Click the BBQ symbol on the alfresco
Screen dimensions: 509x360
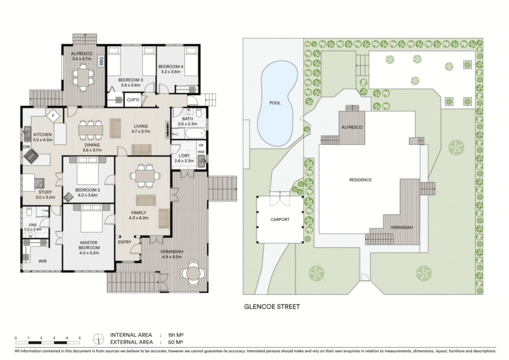pos(100,61)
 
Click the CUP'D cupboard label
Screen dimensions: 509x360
pos(133,100)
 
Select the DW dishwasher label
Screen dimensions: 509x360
pos(26,147)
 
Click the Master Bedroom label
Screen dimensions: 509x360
pos(88,245)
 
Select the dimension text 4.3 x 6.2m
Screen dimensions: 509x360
pos(139,218)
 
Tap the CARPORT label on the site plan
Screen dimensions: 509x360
pos(280,219)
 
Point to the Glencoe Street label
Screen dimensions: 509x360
pos(272,306)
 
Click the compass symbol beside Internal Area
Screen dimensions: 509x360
pos(98,339)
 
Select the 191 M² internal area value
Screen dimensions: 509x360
pos(176,335)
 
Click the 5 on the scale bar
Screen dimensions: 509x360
pos(80,338)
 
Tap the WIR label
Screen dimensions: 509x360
pos(43,261)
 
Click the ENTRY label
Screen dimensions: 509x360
pos(125,242)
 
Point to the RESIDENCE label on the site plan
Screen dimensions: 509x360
pos(360,180)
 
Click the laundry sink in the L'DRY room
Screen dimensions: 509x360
pos(202,161)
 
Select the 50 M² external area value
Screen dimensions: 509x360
pos(175,342)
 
